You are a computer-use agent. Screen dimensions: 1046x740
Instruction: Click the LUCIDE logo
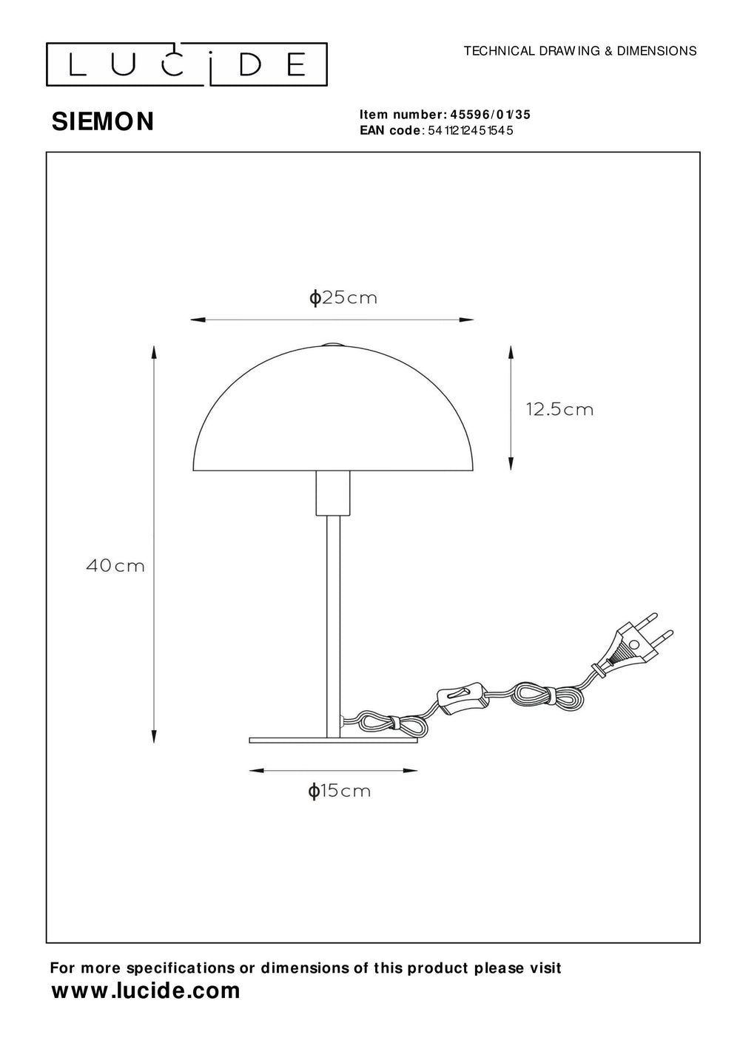186,65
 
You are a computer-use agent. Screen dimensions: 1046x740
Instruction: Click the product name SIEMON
103,122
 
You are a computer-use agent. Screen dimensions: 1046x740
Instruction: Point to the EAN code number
470,130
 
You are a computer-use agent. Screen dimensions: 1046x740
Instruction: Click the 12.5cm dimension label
559,409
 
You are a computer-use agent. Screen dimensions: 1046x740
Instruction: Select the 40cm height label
115,567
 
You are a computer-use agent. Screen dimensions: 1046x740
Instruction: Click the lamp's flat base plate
333,739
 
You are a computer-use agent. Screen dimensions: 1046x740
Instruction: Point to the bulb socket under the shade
332,493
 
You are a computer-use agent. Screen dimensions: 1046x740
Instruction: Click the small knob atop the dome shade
332,344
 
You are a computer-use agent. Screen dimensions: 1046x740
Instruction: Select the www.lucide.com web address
146,991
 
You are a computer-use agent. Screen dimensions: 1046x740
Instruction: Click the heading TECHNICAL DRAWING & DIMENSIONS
579,51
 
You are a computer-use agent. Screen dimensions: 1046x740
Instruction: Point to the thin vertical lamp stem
332,621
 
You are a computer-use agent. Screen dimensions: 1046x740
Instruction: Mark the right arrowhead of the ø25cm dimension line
467,320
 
